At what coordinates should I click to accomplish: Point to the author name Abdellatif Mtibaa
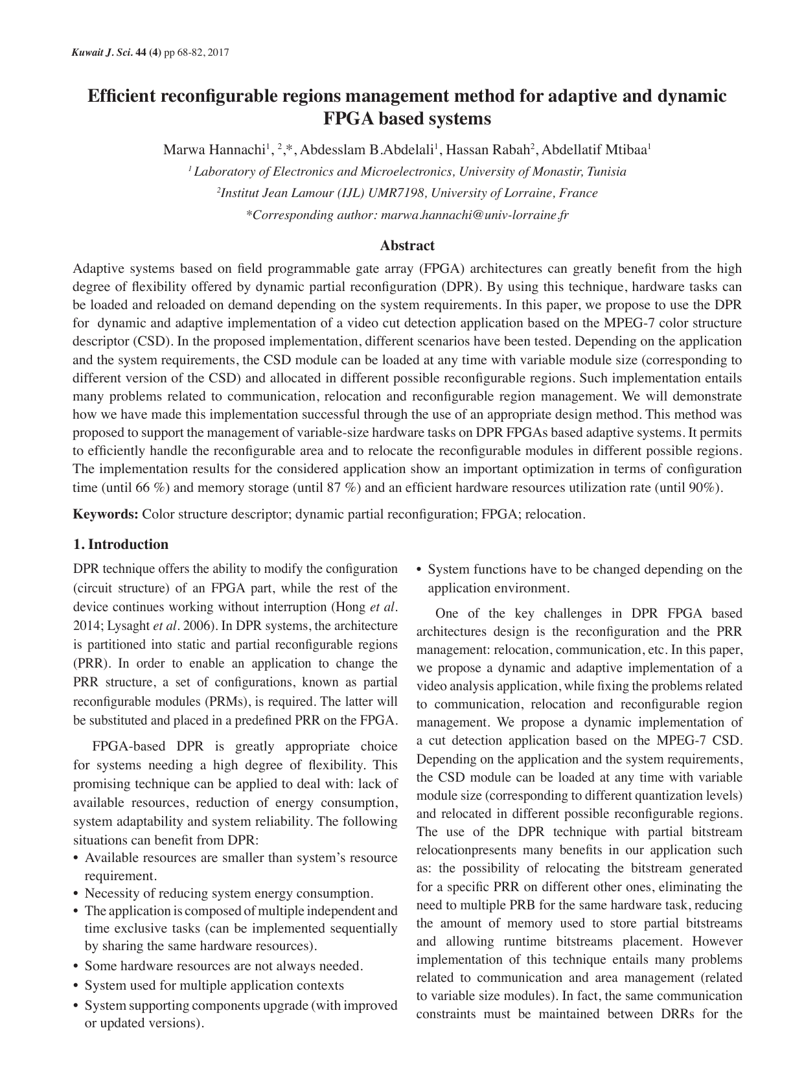point(594,150)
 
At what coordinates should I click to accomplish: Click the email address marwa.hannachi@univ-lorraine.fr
point(475,215)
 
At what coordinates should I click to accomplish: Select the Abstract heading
point(407,246)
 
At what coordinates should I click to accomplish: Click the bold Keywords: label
point(106,515)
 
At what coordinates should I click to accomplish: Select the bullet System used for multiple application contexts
point(214,986)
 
